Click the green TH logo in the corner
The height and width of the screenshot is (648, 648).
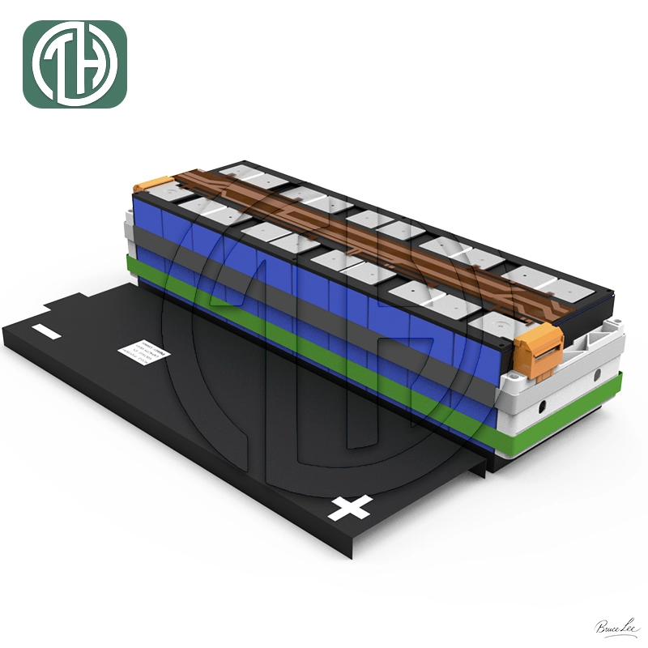75,64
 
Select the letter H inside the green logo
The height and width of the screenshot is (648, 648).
89,65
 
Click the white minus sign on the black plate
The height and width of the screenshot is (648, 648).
46,332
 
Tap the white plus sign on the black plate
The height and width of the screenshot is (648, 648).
351,508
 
